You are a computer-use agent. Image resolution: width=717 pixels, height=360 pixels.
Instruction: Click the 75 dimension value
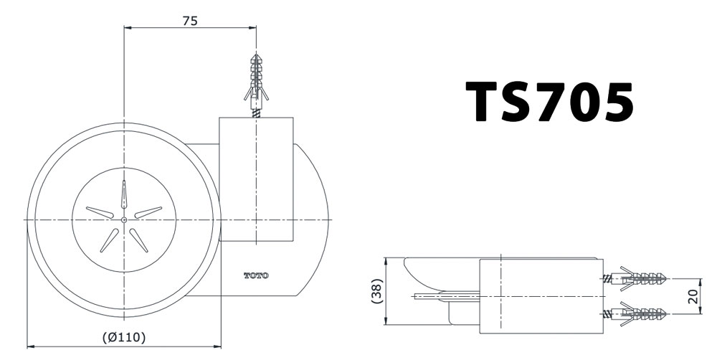coord(189,21)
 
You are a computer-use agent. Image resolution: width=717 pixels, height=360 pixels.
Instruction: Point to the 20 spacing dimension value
coord(693,295)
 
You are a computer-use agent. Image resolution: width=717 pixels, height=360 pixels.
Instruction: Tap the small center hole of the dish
coord(124,219)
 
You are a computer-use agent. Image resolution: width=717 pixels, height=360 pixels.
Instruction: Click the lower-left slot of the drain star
coord(109,240)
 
